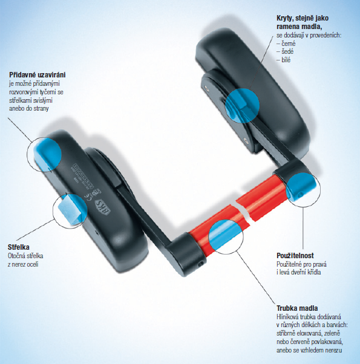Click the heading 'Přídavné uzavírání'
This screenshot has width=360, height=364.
(x=38, y=75)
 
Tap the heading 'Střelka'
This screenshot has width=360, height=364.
(x=19, y=247)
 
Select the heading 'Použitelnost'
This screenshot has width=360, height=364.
(x=295, y=256)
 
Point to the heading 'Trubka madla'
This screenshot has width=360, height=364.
(x=297, y=308)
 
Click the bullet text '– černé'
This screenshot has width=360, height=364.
(x=286, y=44)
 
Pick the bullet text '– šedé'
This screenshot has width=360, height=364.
(x=285, y=51)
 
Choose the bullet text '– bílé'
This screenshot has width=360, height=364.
(x=283, y=60)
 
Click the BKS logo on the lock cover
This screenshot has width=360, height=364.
(x=102, y=207)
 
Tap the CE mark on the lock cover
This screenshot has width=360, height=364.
(x=88, y=197)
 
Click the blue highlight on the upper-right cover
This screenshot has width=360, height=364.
(x=242, y=106)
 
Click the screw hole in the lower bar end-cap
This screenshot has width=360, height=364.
(x=201, y=264)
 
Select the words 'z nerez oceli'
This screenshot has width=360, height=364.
(x=23, y=264)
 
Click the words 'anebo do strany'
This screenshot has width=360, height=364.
(x=29, y=108)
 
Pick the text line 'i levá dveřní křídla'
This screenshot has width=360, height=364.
(x=299, y=272)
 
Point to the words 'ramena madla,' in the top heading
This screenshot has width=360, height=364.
(x=299, y=27)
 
